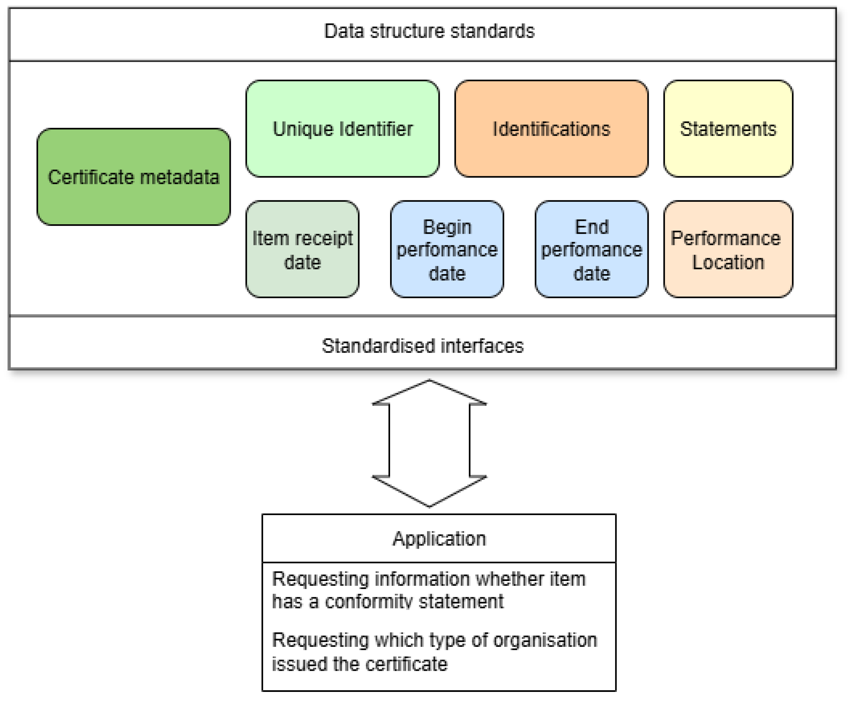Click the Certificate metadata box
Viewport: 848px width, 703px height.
pyautogui.click(x=133, y=177)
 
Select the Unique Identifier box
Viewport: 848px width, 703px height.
pyautogui.click(x=342, y=129)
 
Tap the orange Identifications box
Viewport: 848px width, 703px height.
pyautogui.click(x=551, y=129)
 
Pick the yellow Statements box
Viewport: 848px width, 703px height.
pyautogui.click(x=728, y=129)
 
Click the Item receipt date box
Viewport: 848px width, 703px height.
pyautogui.click(x=302, y=249)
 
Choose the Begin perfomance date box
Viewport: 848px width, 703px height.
pyautogui.click(x=447, y=249)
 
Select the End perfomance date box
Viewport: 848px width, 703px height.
pyautogui.click(x=592, y=249)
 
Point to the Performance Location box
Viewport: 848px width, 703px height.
pyautogui.click(x=728, y=249)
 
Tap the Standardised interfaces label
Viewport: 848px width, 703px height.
pyautogui.click(x=422, y=346)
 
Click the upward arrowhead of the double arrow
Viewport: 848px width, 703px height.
pyautogui.click(x=429, y=392)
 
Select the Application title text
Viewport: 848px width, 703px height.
pyautogui.click(x=439, y=539)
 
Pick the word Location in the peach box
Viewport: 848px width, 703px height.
pyautogui.click(x=728, y=262)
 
